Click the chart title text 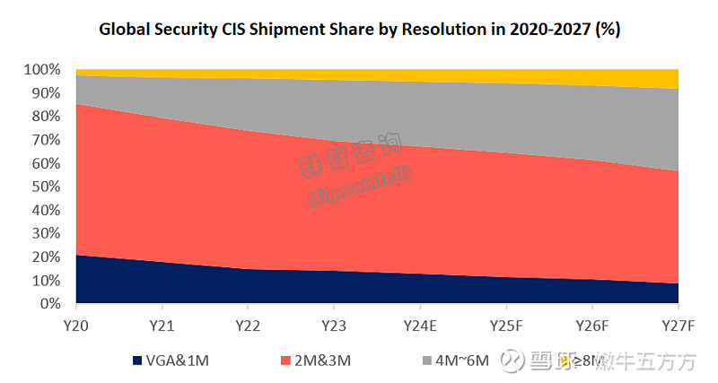pyautogui.click(x=358, y=29)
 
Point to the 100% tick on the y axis pyautogui.click(x=43, y=70)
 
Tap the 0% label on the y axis pyautogui.click(x=51, y=305)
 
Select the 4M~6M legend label pyautogui.click(x=462, y=361)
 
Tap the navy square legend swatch pyautogui.click(x=137, y=361)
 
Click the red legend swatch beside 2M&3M pyautogui.click(x=285, y=361)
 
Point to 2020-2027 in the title pyautogui.click(x=542, y=29)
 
